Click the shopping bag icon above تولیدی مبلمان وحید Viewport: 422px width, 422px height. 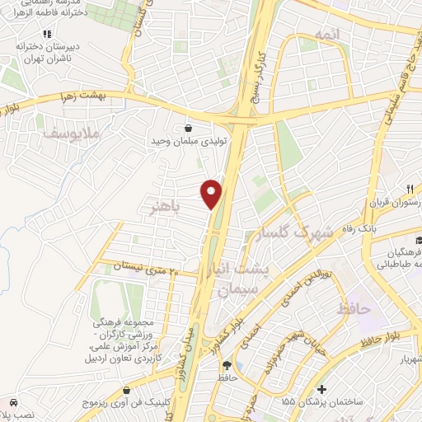[x=190, y=128]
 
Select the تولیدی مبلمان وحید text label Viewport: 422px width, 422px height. [x=181, y=141]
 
